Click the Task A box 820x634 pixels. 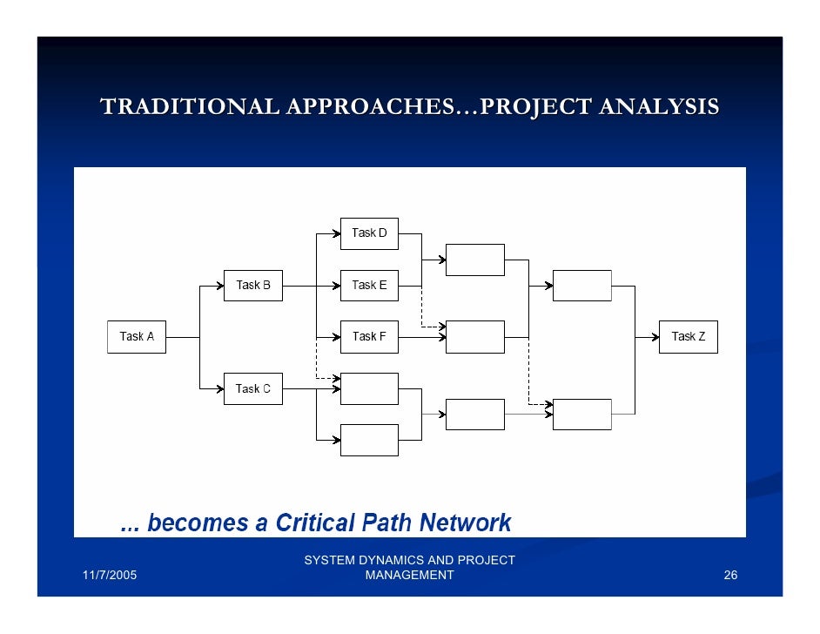click(x=136, y=337)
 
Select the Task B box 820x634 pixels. click(x=252, y=285)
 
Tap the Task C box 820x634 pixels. click(x=252, y=388)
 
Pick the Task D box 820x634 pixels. click(x=369, y=233)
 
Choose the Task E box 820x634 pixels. click(x=369, y=285)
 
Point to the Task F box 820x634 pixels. click(x=369, y=337)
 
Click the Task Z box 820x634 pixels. click(x=688, y=337)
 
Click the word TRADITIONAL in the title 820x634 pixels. click(x=189, y=107)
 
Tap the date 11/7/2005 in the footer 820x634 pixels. click(x=110, y=576)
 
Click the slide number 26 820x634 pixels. click(x=730, y=576)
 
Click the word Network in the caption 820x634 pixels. click(x=465, y=523)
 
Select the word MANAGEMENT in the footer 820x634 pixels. click(x=409, y=576)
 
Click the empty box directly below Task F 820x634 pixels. click(x=369, y=388)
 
